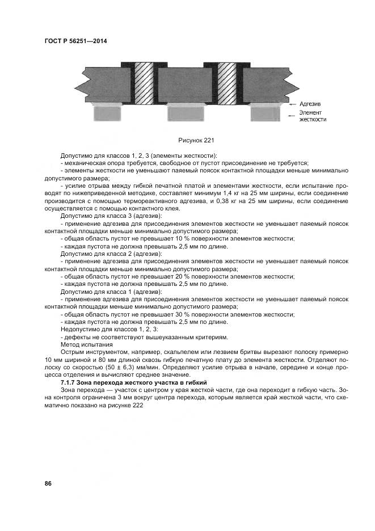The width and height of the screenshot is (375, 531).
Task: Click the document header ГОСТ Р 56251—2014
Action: tap(75, 42)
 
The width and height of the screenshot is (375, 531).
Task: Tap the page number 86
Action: tap(48, 483)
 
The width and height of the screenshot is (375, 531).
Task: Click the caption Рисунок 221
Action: tap(196, 140)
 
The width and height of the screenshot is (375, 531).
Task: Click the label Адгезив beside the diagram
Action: tap(310, 104)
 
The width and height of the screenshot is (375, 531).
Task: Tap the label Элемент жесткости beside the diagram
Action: tap(313, 116)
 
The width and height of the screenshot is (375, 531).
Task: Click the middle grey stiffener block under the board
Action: tap(185, 114)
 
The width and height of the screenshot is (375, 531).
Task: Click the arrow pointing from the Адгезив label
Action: tap(292, 104)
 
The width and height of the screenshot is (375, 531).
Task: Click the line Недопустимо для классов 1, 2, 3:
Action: tap(109, 330)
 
